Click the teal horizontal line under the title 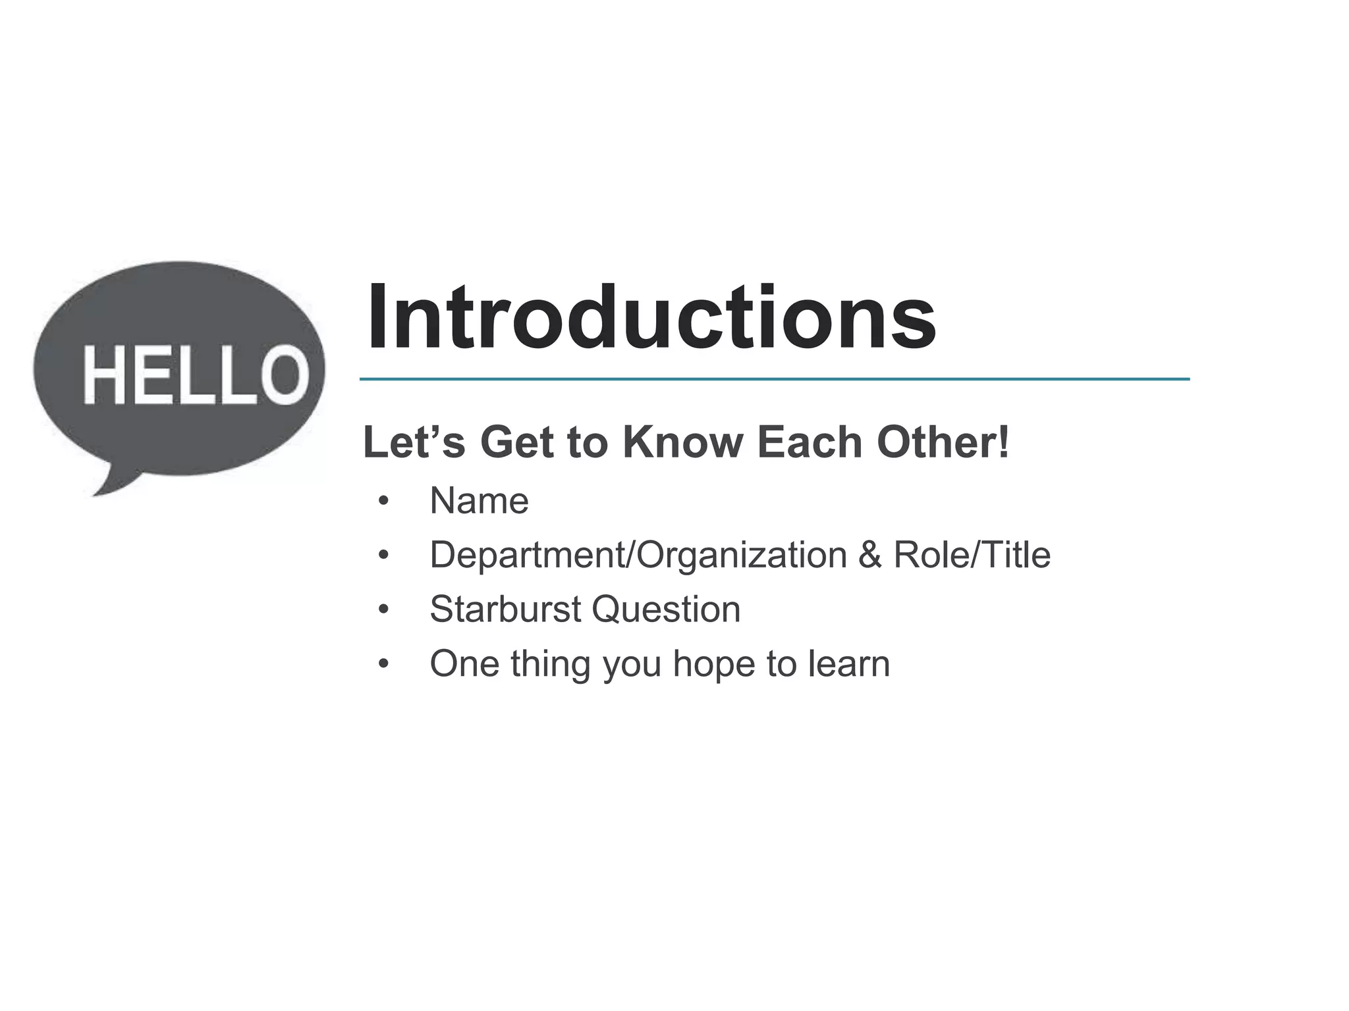[x=774, y=379]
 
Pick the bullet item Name [x=479, y=501]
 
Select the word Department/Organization [x=638, y=555]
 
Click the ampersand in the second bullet [x=869, y=555]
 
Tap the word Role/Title [x=972, y=555]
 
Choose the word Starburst [x=505, y=609]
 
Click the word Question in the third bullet [x=666, y=609]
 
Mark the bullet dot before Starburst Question [x=383, y=610]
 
